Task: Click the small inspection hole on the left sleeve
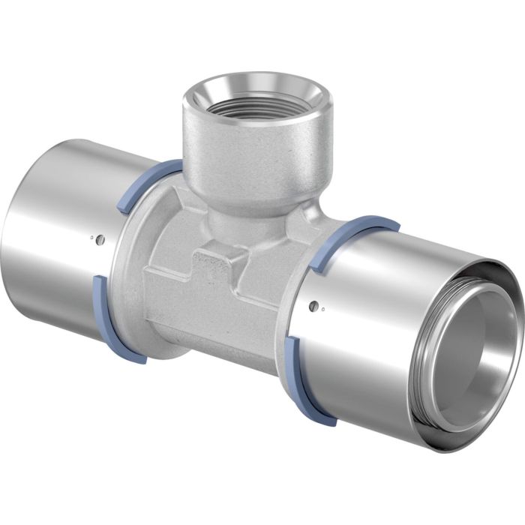pyautogui.click(x=100, y=240)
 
